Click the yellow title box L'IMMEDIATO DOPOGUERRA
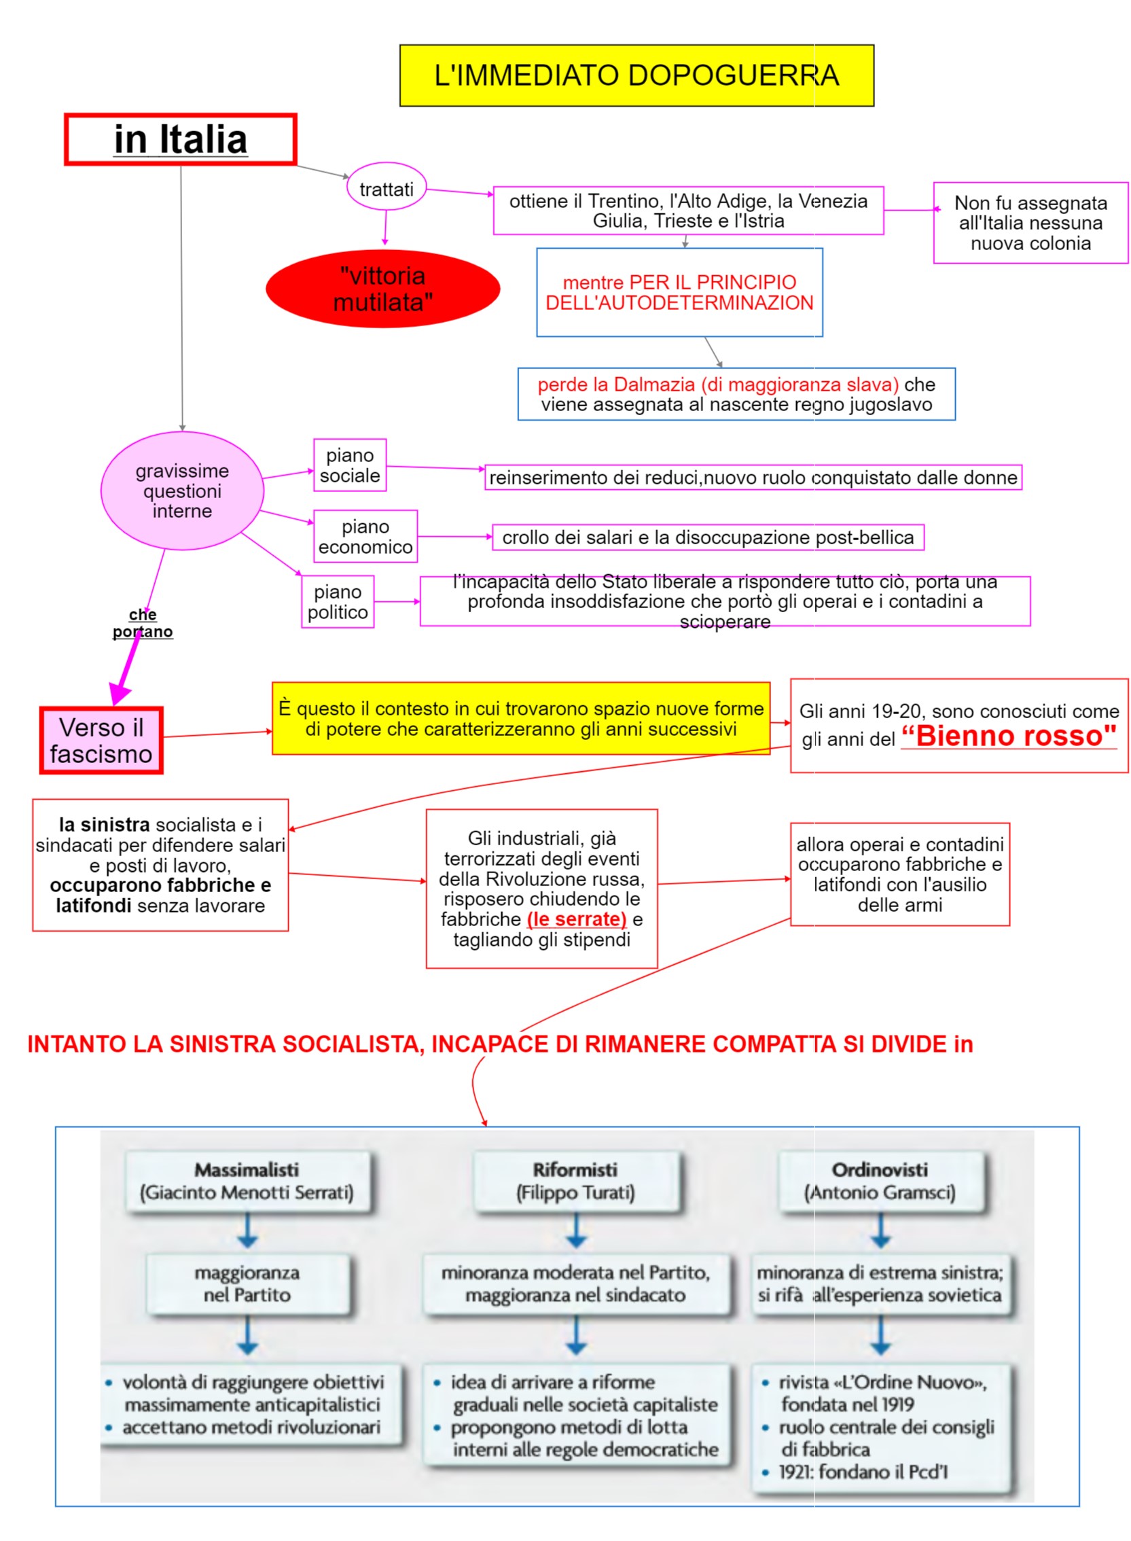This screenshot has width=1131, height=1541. coord(636,75)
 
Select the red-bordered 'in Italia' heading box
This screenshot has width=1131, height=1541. coord(180,140)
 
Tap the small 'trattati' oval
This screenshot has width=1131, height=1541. coord(386,189)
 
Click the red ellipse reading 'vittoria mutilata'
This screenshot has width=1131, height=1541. coord(382,288)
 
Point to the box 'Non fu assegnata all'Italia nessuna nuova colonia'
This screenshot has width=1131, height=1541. coord(1030,223)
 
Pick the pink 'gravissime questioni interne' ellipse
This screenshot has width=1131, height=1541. coord(182,491)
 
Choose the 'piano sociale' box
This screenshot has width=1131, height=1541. coord(350,465)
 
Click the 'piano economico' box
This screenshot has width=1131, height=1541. coord(365,536)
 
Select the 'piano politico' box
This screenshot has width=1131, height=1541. coord(338,601)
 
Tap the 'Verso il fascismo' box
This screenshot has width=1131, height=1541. coord(101,741)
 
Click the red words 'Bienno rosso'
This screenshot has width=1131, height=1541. coord(1009,736)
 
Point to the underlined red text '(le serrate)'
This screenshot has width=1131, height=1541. coord(577,919)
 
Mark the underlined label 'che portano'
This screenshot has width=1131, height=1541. coord(143,622)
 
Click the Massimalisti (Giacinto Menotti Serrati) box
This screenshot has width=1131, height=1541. coord(247,1181)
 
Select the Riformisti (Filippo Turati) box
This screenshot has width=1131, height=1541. coord(575,1181)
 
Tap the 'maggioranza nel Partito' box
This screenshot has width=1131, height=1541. coord(247,1283)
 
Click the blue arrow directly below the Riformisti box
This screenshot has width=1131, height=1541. coord(577,1230)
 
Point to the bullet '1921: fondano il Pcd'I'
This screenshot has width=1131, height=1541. coord(863,1472)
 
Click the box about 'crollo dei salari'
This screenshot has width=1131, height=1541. coord(708,537)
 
